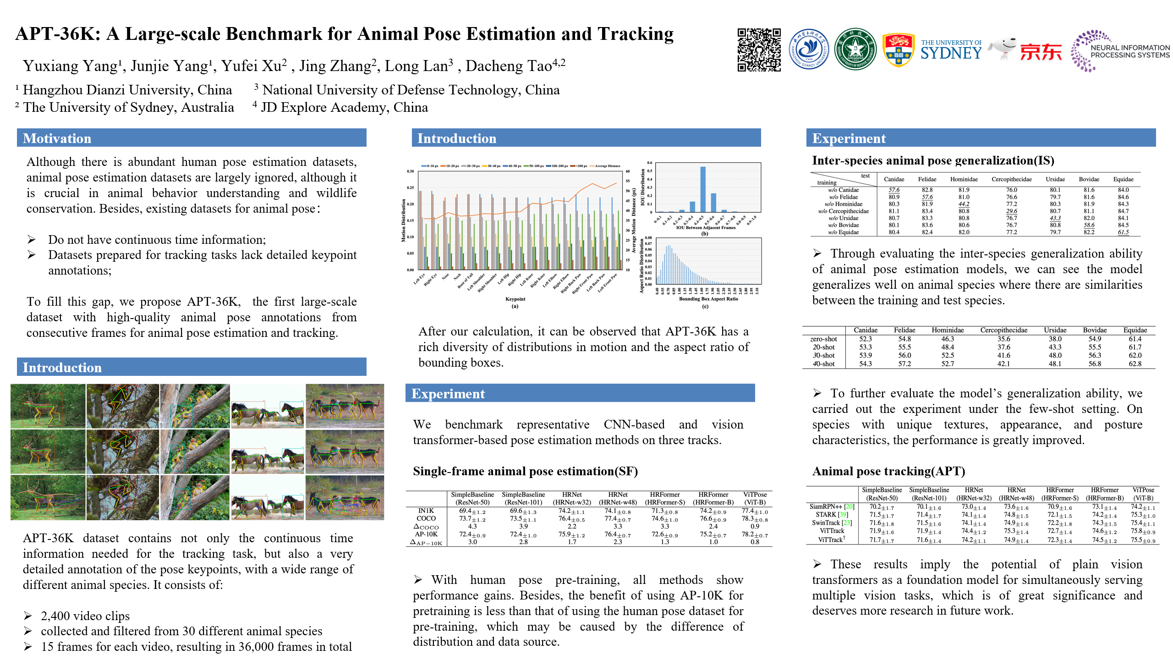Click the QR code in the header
click(759, 50)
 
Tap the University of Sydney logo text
click(951, 50)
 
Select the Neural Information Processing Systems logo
click(1120, 51)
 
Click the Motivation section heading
click(57, 138)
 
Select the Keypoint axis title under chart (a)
click(515, 299)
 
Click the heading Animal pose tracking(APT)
click(888, 471)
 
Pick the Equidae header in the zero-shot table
click(1135, 330)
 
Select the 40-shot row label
click(823, 364)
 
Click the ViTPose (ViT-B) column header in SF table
click(755, 498)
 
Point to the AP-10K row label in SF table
click(426, 534)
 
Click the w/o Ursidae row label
click(843, 218)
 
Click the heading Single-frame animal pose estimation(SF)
click(525, 471)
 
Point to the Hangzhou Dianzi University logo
click(809, 49)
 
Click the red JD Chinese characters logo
click(1041, 52)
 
